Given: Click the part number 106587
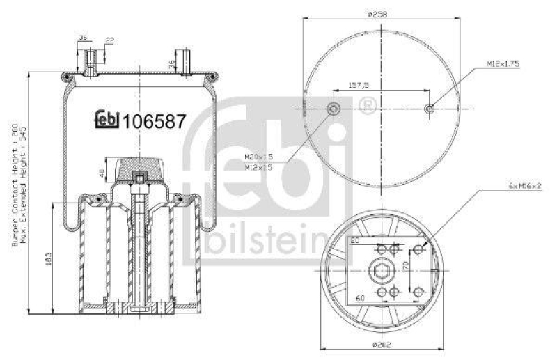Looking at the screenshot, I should pos(154,122).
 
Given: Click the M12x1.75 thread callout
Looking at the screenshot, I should pos(504,63).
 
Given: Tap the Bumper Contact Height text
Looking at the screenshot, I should pos(14,188).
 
